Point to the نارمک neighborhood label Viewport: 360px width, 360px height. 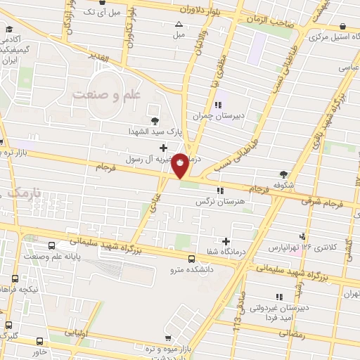pyautogui.click(x=22, y=191)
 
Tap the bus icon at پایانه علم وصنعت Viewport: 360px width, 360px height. pyautogui.click(x=53, y=245)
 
